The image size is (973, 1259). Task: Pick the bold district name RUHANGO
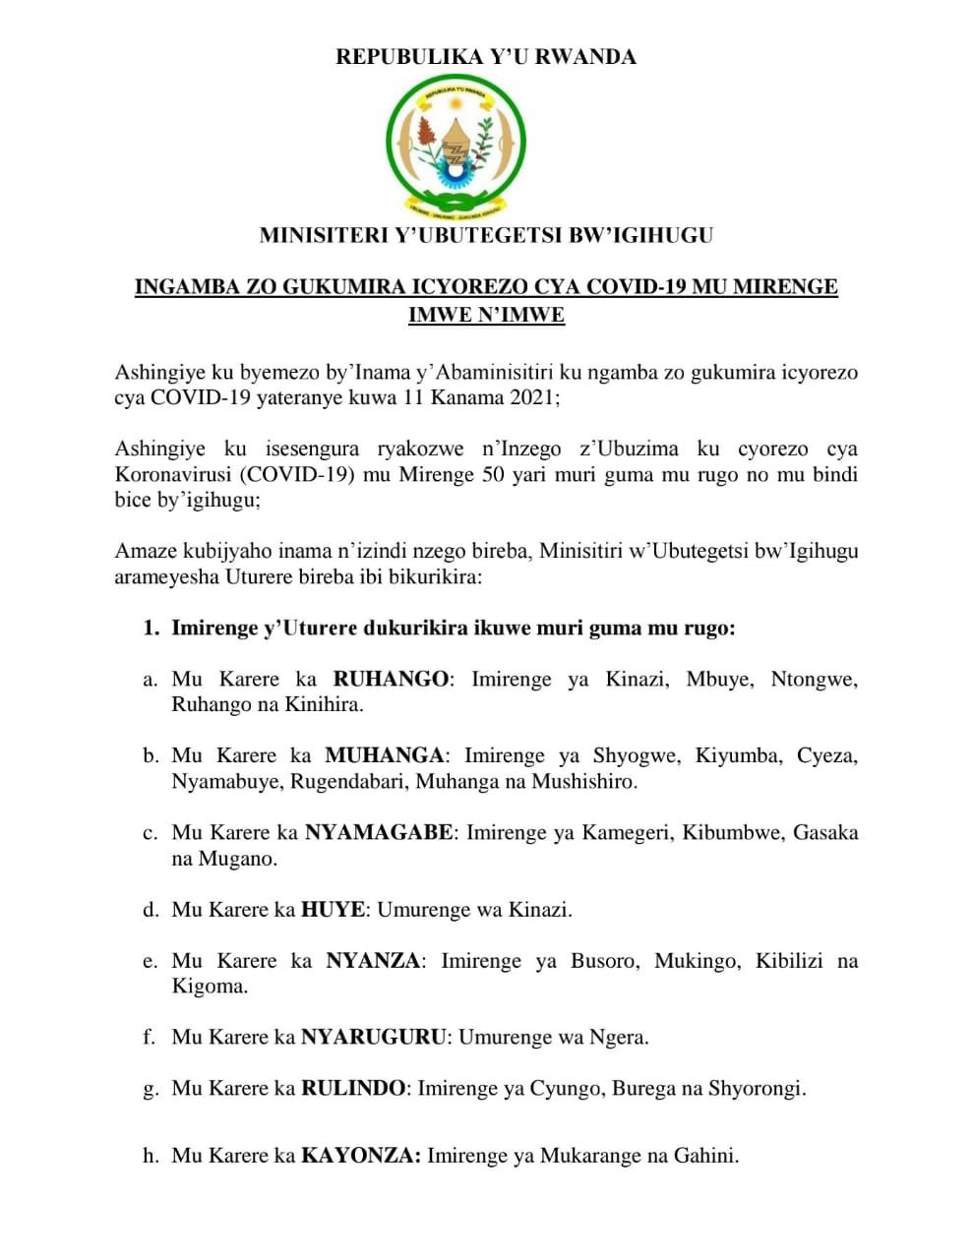pos(391,680)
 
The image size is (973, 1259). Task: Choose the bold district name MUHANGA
pos(385,756)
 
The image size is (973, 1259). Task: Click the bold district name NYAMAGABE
pos(379,833)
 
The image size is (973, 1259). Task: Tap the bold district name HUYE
pos(333,910)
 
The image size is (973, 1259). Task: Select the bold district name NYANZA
pos(373,961)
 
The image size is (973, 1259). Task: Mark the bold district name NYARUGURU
pos(374,1037)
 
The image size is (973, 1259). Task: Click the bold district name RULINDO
pos(353,1089)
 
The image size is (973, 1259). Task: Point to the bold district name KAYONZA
pos(361,1157)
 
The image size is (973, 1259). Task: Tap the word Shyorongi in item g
pos(758,1089)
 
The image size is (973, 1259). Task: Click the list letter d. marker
pos(151,910)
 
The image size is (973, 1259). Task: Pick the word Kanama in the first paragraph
pos(459,398)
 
